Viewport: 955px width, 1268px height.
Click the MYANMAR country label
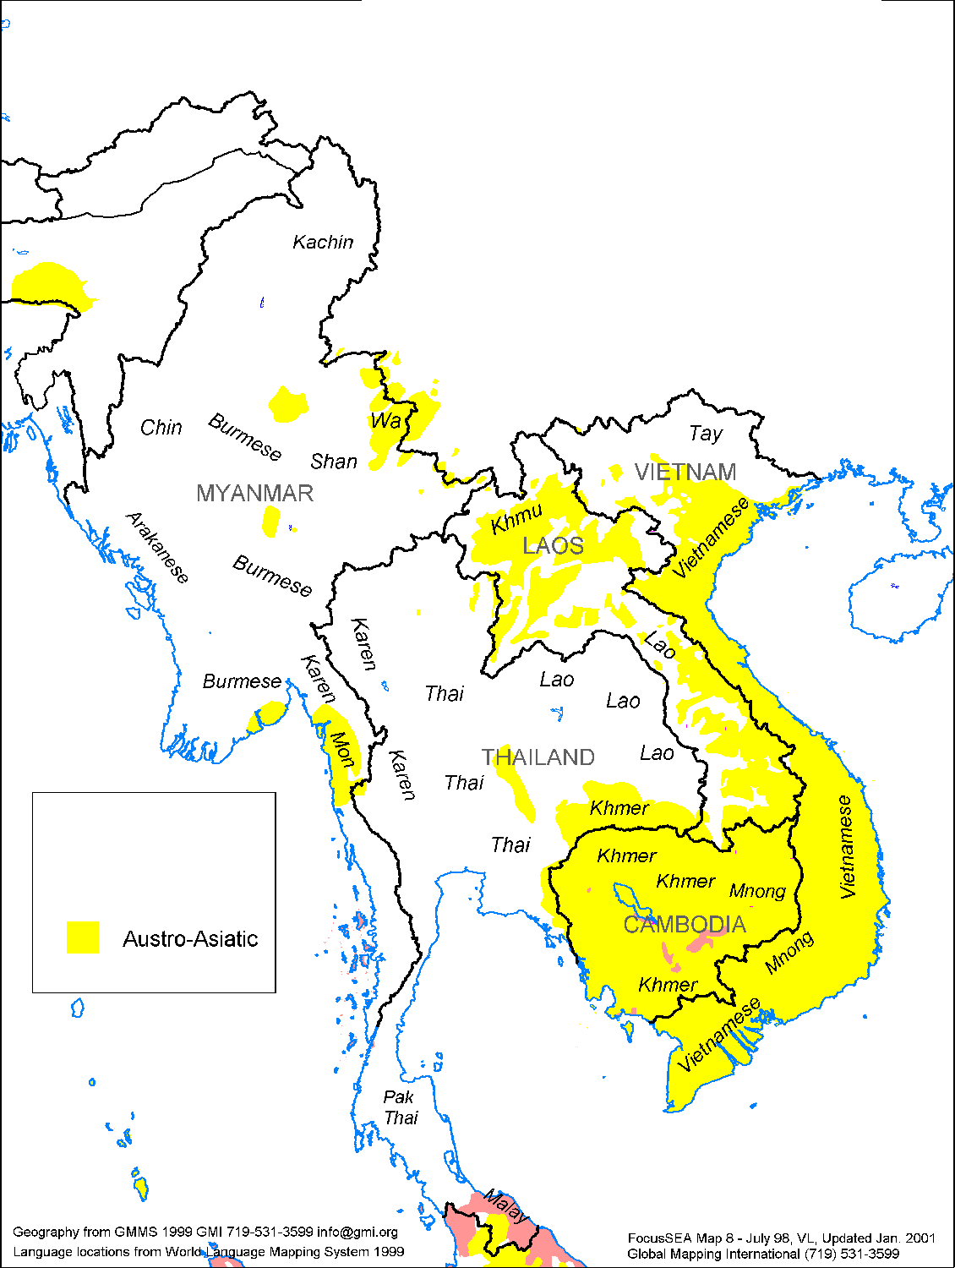[x=254, y=493]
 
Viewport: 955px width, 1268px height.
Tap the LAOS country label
[x=553, y=546]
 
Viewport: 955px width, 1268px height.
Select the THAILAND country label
[x=538, y=757]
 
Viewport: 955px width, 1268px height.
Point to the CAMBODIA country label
[x=685, y=925]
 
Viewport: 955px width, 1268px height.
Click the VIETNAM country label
[x=685, y=472]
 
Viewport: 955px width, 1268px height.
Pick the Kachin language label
[x=323, y=243]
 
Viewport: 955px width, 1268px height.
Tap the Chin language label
[x=161, y=428]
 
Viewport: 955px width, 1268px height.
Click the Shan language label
[x=334, y=462]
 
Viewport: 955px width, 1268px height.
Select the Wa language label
[x=385, y=421]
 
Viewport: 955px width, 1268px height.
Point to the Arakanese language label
[x=157, y=548]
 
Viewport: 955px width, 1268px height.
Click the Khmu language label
[x=516, y=518]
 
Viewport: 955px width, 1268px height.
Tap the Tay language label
[x=706, y=435]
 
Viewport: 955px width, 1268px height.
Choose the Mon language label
[x=341, y=749]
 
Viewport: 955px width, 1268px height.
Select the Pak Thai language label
[x=401, y=1107]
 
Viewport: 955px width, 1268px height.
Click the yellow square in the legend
[x=83, y=937]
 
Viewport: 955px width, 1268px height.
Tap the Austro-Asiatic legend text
[x=190, y=939]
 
